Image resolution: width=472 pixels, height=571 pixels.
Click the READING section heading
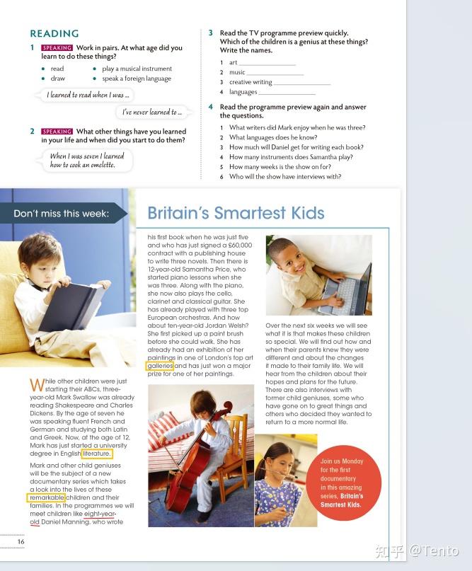click(54, 33)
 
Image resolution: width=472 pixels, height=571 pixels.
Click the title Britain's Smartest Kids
click(236, 213)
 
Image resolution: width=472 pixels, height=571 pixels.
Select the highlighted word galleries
click(160, 366)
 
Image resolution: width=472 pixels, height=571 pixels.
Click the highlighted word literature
click(96, 454)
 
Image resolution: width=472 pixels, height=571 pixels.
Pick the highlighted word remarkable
click(47, 498)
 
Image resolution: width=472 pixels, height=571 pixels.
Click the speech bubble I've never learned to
click(152, 112)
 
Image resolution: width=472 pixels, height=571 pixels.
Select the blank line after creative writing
click(302, 83)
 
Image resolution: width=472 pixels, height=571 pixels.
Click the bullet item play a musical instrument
click(137, 69)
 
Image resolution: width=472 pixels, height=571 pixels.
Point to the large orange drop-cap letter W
click(37, 386)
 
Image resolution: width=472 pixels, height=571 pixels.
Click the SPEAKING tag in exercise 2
click(57, 132)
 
